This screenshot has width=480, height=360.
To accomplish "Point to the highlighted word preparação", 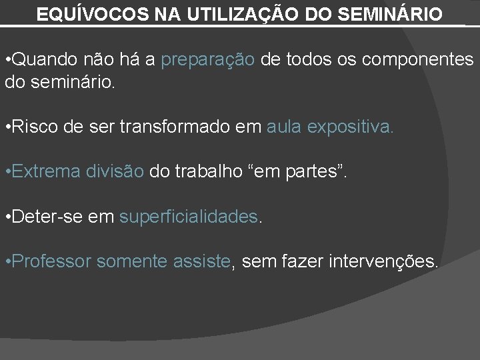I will click(208, 60).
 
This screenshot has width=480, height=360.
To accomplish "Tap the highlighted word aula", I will click(285, 127).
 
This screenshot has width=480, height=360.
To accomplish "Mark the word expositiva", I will click(351, 127).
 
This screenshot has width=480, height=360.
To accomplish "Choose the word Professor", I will click(51, 261).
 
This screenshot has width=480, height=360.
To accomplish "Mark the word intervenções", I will click(384, 261).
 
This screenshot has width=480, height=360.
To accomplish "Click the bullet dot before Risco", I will click(7, 127).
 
